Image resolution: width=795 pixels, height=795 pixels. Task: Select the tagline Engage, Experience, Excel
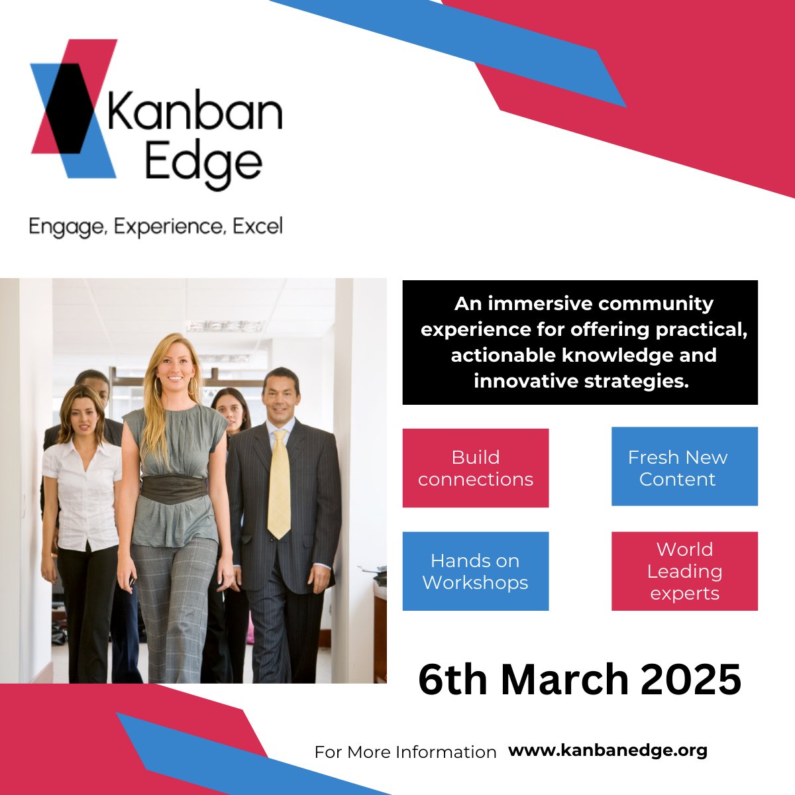click(156, 227)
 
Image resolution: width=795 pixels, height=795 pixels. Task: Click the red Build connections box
click(475, 468)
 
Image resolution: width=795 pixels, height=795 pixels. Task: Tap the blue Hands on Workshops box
click(475, 571)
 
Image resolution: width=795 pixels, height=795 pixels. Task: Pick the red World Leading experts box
click(684, 571)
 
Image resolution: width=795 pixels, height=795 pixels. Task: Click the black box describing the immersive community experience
click(580, 343)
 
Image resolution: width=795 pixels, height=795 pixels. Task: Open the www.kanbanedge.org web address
click(608, 751)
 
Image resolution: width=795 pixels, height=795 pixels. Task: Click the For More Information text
click(405, 753)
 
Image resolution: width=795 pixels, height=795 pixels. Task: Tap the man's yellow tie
click(279, 484)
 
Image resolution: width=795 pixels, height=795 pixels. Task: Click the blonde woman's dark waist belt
click(174, 489)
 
